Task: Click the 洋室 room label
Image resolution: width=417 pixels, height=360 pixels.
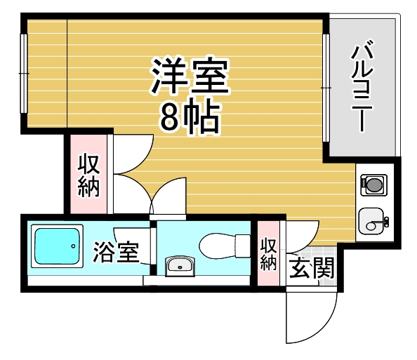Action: point(190,75)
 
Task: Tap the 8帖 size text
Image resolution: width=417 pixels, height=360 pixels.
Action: point(190,116)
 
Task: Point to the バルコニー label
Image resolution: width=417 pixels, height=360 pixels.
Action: point(362,86)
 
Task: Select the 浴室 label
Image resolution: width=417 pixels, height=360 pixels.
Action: point(116,252)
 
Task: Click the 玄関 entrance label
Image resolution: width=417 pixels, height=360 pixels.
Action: point(312,268)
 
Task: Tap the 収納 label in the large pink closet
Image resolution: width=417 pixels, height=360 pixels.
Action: point(88,175)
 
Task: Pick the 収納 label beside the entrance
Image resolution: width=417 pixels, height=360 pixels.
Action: point(268,254)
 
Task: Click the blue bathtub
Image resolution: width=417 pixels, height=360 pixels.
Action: point(57,246)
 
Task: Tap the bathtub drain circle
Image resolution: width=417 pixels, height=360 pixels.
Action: point(73,246)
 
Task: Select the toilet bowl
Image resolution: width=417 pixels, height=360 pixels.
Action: point(217,246)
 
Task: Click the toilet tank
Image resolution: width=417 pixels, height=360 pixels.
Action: point(242,246)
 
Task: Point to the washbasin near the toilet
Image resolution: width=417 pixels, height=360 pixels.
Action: point(180,266)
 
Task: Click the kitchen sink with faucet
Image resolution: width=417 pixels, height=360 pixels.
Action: point(373,221)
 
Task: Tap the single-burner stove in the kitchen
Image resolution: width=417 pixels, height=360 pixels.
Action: point(373,185)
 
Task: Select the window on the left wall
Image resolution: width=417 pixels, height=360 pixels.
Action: point(24,74)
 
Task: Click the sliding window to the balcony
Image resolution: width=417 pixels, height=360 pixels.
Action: point(326,88)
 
